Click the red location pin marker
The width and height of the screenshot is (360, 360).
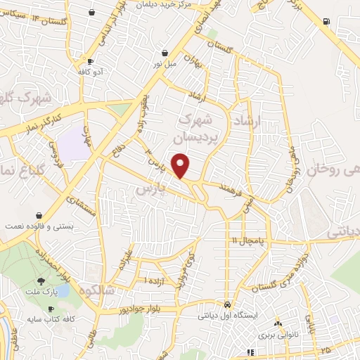coord(181,165)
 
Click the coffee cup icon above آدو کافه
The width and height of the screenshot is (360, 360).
coord(89,61)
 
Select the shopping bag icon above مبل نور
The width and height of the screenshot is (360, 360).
coord(165,53)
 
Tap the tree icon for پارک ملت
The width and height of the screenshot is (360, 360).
coord(51,281)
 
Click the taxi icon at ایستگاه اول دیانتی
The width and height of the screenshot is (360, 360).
coord(228,305)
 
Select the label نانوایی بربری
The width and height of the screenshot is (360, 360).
coord(278,335)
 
